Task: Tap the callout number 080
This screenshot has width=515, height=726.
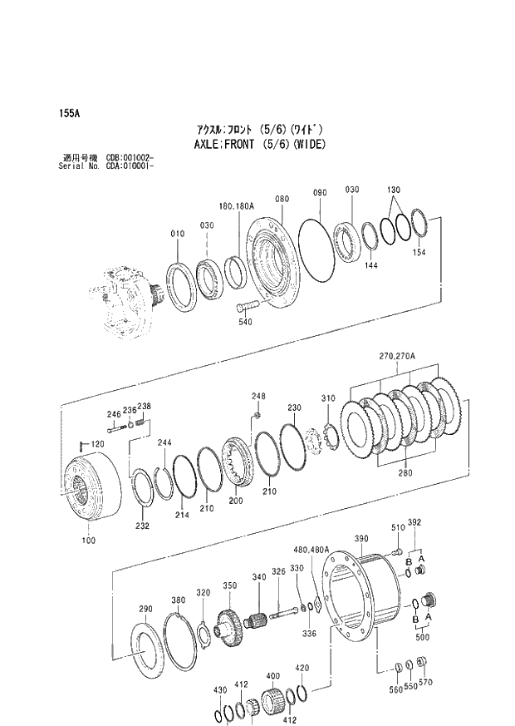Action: [x=282, y=200]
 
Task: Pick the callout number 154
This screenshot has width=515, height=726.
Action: [x=419, y=252]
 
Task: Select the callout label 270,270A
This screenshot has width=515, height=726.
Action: [x=397, y=356]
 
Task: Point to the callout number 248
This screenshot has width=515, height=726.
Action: [x=258, y=396]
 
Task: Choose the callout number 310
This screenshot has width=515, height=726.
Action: [x=328, y=398]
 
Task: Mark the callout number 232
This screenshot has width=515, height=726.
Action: [x=142, y=526]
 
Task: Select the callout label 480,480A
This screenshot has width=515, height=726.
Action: [x=311, y=549]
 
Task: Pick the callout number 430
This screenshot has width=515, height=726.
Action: [x=219, y=690]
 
